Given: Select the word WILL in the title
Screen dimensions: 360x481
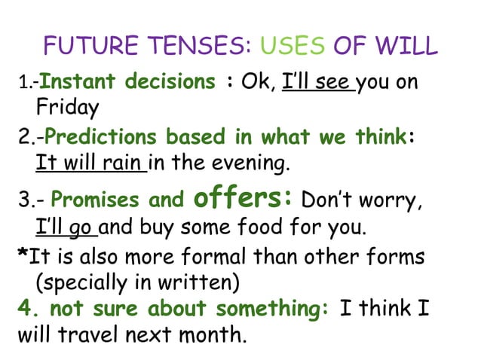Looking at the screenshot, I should click(x=407, y=46).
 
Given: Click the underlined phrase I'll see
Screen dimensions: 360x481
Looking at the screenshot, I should click(x=317, y=81).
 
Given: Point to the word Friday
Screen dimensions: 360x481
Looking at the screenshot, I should click(x=67, y=108).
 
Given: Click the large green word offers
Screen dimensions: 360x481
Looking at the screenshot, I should click(x=239, y=200).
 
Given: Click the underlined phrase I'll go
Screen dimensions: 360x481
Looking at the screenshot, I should click(x=66, y=227).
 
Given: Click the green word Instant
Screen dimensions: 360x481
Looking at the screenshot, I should click(x=73, y=81).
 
